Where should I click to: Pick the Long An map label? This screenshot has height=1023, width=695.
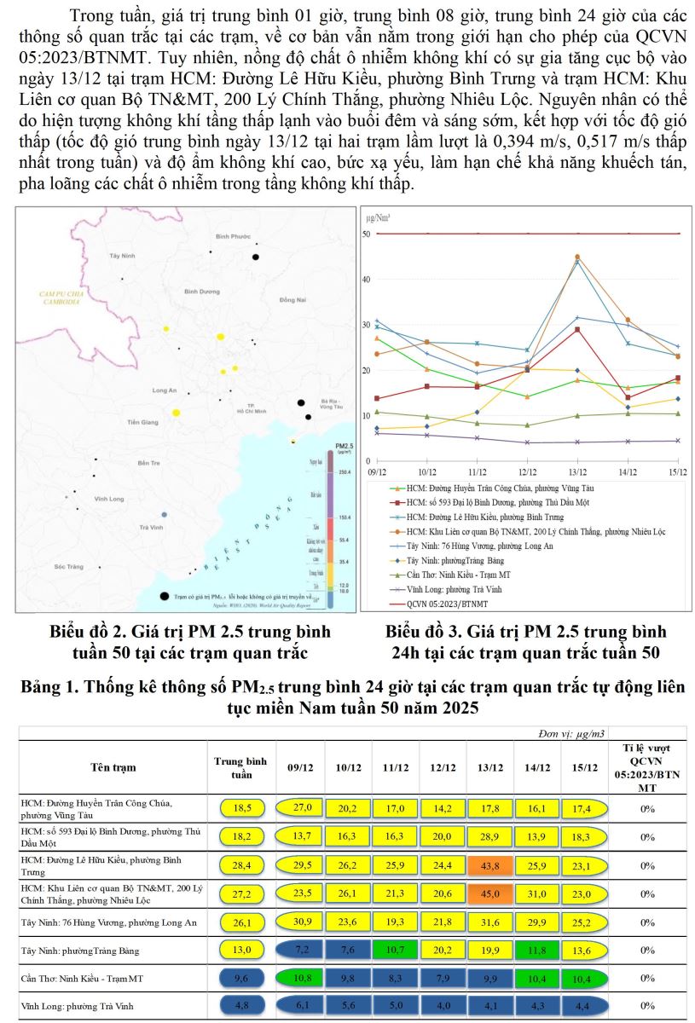click(x=164, y=390)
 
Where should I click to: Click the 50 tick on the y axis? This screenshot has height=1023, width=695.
click(x=366, y=234)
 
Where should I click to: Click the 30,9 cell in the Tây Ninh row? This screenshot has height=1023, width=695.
click(x=301, y=922)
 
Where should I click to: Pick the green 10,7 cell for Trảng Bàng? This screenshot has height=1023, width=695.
click(x=395, y=950)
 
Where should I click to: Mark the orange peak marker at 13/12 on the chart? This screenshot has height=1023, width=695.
click(x=577, y=257)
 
